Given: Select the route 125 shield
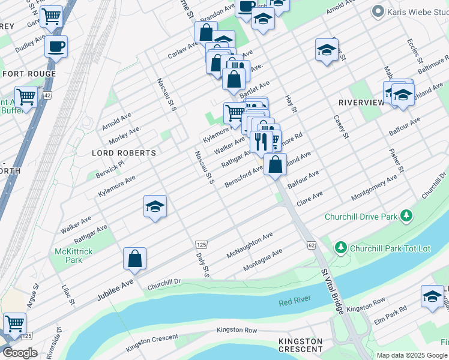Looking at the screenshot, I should (201, 245).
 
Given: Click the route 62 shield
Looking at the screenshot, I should (311, 245).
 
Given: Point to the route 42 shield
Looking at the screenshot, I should (47, 95).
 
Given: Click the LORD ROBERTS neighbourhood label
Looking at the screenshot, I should (124, 153).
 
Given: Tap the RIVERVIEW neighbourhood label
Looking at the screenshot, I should (361, 103).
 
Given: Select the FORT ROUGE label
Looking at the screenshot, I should (29, 74).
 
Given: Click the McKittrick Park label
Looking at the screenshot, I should (73, 256).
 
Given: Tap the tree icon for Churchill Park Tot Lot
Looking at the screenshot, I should (340, 247).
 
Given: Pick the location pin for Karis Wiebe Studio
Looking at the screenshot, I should (378, 11).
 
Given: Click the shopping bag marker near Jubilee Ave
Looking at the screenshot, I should (135, 259).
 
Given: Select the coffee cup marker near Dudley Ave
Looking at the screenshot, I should (56, 46).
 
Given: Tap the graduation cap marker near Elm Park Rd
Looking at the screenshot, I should (432, 296).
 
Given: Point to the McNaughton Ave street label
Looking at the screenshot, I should (250, 245).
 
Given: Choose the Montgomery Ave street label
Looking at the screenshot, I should (374, 187).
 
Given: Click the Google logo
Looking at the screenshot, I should (20, 353).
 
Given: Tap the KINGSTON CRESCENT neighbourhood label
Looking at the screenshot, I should (300, 345).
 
